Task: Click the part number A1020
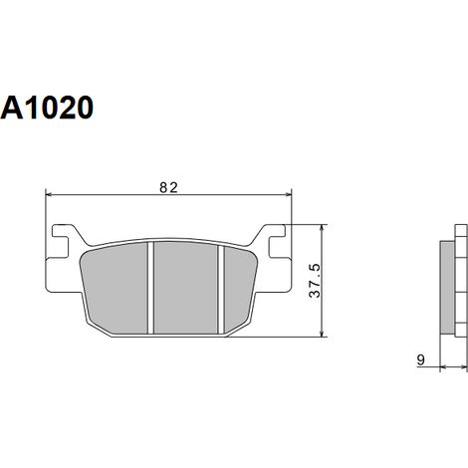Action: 47,108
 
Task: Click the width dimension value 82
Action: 168,188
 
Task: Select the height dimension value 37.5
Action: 315,281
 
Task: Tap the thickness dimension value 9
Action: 421,359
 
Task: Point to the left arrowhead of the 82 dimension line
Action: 49,195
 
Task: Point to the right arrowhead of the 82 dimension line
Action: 288,195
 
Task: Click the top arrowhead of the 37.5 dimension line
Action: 322,229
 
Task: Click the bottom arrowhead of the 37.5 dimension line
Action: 322,333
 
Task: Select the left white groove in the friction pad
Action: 150,288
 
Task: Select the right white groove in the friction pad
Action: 221,289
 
